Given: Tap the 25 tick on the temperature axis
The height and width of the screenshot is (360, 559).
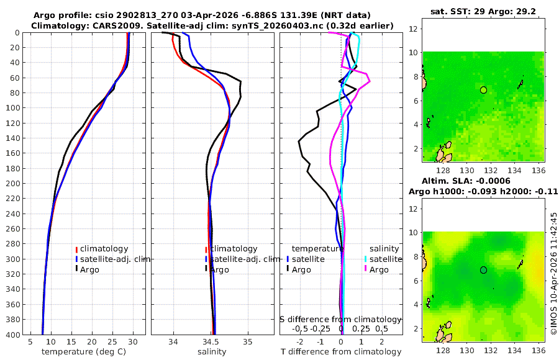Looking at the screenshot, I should tap(112, 342).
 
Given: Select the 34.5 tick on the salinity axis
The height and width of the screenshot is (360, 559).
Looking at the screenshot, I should tap(211, 342).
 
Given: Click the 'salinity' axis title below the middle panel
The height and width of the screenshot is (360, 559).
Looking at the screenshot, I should tap(213, 352).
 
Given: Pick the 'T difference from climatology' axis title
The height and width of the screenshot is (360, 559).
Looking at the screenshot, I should tap(341, 352).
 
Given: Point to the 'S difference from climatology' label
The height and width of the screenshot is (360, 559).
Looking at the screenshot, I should tap(341, 318).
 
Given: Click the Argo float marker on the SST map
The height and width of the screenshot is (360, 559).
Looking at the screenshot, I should tap(483, 90).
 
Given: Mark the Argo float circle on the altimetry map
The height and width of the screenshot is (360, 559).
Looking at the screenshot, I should tap(483, 270).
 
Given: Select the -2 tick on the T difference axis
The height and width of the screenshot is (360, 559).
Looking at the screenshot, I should tap(300, 342).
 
